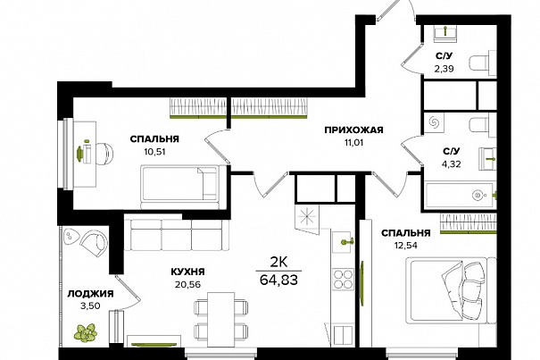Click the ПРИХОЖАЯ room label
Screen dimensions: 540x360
tap(353, 130)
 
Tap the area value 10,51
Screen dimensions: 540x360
tap(154, 151)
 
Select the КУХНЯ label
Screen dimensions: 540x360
tap(187, 272)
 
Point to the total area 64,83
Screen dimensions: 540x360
tap(278, 280)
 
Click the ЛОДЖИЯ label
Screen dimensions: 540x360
tap(90, 294)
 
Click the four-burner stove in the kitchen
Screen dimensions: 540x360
tap(343, 279)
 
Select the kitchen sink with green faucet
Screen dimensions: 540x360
tap(343, 242)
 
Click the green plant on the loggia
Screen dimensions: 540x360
tap(85, 333)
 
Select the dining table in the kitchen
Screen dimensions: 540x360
tap(221, 319)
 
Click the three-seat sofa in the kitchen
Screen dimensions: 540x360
tap(177, 234)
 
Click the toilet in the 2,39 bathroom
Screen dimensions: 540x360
tap(482, 63)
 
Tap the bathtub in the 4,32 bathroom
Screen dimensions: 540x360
tap(460, 195)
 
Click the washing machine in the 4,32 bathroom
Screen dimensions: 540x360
tap(434, 122)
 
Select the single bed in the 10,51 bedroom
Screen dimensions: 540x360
tap(179, 188)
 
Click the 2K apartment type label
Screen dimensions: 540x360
tap(278, 263)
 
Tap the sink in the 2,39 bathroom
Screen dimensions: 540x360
tap(445, 33)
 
